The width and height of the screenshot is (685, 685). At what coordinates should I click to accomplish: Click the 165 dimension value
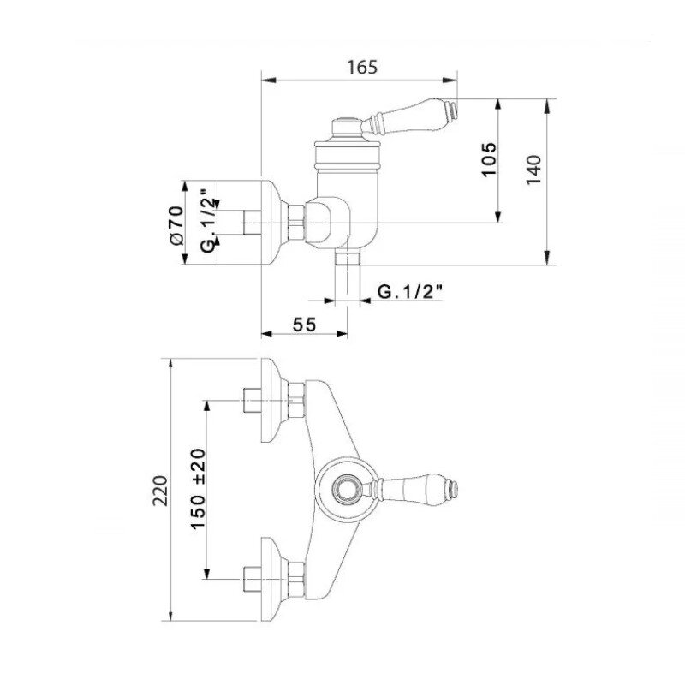tap(361, 68)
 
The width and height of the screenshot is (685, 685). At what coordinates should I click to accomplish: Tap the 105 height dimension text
tap(489, 159)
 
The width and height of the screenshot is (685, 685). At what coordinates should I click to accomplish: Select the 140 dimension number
tap(533, 170)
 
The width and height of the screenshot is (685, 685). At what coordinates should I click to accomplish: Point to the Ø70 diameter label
tap(176, 225)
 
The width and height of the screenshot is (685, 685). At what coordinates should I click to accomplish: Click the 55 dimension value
tap(304, 325)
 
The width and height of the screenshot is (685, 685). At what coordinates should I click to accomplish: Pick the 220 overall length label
tap(160, 491)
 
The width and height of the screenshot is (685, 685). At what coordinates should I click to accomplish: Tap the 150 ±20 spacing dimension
tap(198, 489)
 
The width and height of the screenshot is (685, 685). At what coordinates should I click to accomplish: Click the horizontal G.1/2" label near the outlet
tap(410, 291)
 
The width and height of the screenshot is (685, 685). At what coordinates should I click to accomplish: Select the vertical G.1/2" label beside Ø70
tap(209, 221)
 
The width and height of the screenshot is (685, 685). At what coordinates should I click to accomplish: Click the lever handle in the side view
tap(409, 116)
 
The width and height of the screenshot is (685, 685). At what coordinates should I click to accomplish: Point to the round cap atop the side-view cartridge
tap(347, 128)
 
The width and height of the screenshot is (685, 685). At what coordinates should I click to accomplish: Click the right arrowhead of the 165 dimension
tap(450, 80)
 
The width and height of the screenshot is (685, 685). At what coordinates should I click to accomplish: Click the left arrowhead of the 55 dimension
tap(267, 334)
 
